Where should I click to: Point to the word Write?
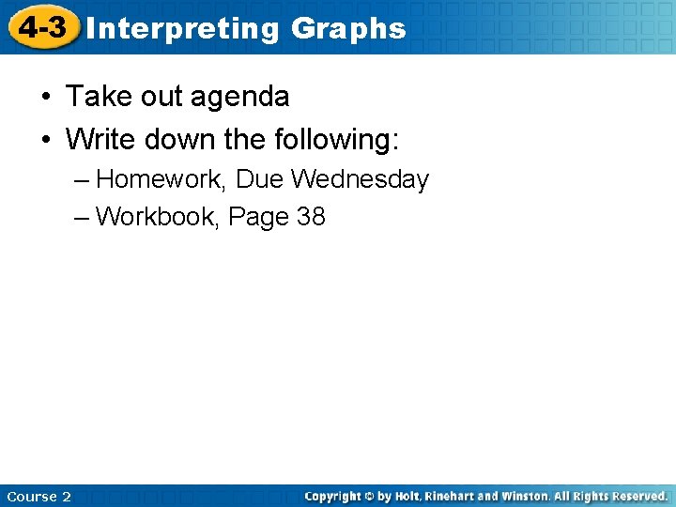[100, 141]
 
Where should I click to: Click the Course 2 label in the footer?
[38, 496]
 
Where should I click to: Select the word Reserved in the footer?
[636, 496]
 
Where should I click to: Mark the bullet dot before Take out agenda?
[45, 97]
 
